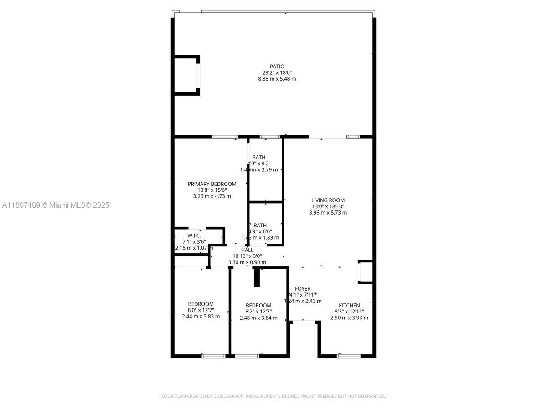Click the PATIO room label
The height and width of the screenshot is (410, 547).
(277, 67)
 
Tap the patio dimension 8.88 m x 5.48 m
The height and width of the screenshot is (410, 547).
(277, 79)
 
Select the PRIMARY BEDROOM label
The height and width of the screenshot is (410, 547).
(212, 184)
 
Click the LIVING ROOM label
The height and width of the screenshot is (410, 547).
(328, 200)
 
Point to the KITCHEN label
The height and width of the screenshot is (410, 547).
(349, 306)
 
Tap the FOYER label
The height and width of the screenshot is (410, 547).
(303, 289)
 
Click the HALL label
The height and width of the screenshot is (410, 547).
(247, 250)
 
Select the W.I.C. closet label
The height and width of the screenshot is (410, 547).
(194, 236)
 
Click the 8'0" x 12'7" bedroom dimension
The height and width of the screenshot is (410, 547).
(201, 310)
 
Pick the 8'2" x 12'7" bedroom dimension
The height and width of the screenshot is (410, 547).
(258, 312)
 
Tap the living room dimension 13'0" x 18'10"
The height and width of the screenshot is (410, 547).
(328, 206)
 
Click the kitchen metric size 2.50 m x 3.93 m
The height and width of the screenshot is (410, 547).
(349, 318)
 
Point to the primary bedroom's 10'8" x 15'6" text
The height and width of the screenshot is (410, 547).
(212, 190)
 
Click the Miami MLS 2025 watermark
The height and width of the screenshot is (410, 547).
(56, 205)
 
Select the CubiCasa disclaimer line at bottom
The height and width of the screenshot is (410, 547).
(273, 396)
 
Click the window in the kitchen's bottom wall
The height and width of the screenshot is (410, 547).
(348, 356)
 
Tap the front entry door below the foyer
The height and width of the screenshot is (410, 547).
(303, 323)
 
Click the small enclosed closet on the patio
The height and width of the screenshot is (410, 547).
(186, 75)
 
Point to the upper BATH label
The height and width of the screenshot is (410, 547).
(258, 158)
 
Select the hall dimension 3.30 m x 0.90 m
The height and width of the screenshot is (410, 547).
(247, 262)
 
